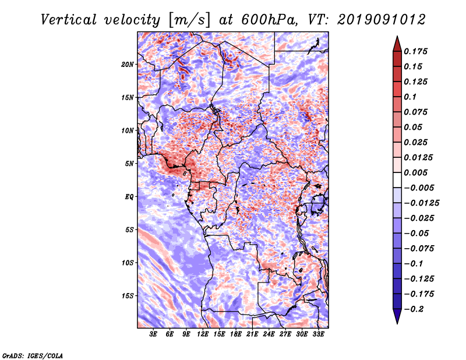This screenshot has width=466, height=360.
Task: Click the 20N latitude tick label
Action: pyautogui.click(x=128, y=65)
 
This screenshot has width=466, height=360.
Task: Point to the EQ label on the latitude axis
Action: pyautogui.click(x=129, y=197)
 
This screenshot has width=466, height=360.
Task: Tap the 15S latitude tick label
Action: pyautogui.click(x=128, y=296)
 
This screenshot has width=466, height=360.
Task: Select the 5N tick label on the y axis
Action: pyautogui.click(x=129, y=164)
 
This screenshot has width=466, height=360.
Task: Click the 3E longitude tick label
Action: pyautogui.click(x=153, y=334)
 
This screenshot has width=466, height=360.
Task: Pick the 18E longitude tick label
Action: pyautogui.click(x=236, y=334)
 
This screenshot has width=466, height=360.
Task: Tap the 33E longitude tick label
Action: pyautogui.click(x=318, y=334)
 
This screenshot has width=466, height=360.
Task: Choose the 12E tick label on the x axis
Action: pyautogui.click(x=203, y=334)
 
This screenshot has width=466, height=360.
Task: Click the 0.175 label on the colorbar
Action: pyautogui.click(x=415, y=51)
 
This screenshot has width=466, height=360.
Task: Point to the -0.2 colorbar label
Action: pyautogui.click(x=414, y=309)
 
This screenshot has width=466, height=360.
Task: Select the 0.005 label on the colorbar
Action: pyautogui.click(x=415, y=172)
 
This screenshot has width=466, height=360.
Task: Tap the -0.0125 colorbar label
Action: pyautogui.click(x=421, y=203)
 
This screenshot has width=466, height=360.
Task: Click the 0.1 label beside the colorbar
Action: pyautogui.click(x=410, y=97)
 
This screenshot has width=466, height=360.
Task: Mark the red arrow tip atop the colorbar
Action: pyautogui.click(x=397, y=36)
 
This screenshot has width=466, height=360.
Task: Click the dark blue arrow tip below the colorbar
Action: pyautogui.click(x=397, y=323)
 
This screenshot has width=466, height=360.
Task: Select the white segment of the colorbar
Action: pyautogui.click(x=397, y=180)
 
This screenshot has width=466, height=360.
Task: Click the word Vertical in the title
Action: pyautogui.click(x=69, y=20)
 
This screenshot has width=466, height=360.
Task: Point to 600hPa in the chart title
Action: pyautogui.click(x=268, y=20)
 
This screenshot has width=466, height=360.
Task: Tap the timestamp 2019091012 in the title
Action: pyautogui.click(x=382, y=20)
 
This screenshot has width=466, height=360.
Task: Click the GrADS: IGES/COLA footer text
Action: pyautogui.click(x=33, y=356)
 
